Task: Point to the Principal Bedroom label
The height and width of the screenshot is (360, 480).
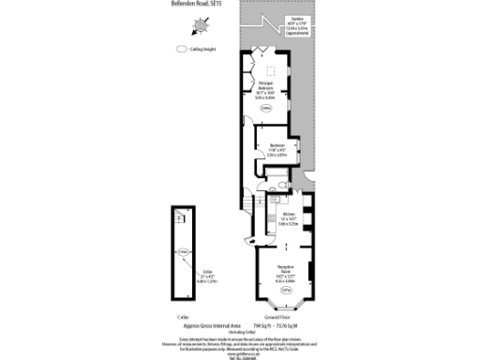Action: [265, 89]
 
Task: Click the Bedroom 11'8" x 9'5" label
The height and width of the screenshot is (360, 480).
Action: [277, 149]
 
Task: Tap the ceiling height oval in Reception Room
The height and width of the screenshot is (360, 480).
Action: [286, 291]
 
